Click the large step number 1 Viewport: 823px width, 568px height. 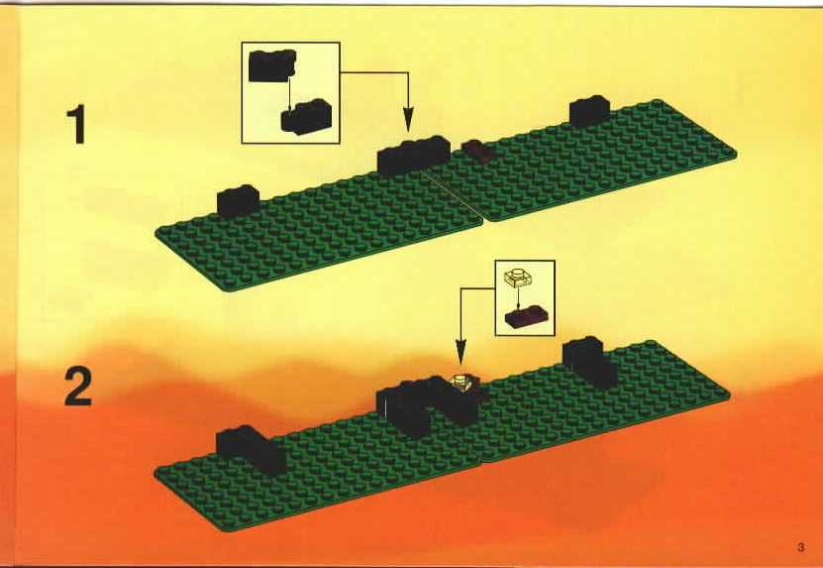tap(77, 124)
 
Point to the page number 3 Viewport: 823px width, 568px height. tap(800, 547)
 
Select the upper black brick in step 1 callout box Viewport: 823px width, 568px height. tap(272, 65)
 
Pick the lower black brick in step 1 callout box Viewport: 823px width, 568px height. tap(306, 117)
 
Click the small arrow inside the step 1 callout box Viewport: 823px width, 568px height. tap(289, 93)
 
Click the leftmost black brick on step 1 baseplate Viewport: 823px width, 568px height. tap(238, 200)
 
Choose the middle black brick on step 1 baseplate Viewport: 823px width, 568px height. tap(413, 156)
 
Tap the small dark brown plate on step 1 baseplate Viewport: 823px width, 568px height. tap(477, 150)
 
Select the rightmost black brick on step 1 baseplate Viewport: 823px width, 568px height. tap(589, 111)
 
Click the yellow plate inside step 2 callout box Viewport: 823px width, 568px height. tap(518, 277)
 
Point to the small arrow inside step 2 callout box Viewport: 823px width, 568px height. tap(518, 296)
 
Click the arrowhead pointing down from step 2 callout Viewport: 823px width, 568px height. tap(461, 352)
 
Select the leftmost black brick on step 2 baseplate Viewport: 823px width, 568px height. tap(251, 450)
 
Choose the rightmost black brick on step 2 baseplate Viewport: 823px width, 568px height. tap(590, 362)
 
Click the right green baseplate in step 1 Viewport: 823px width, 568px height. tap(581, 160)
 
